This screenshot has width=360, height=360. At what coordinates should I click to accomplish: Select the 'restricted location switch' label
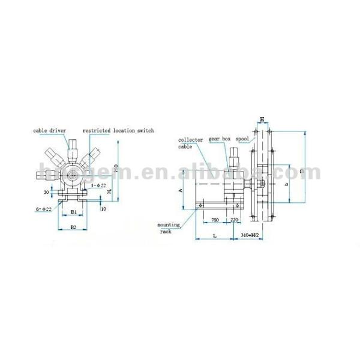click(x=118, y=130)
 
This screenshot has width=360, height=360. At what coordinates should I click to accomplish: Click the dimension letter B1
click(x=73, y=212)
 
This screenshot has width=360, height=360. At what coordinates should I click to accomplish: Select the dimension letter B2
click(x=73, y=227)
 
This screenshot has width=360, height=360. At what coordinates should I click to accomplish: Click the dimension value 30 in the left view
click(x=47, y=192)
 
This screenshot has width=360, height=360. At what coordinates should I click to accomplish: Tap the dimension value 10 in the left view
click(x=104, y=208)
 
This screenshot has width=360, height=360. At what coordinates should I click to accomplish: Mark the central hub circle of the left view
click(x=73, y=175)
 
